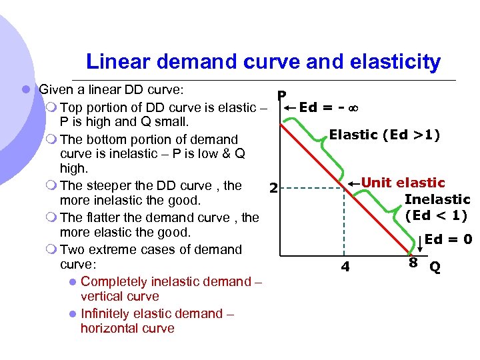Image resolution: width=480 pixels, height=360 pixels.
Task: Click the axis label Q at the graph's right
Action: (x=435, y=267)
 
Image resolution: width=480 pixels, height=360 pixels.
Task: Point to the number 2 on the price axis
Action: (x=273, y=188)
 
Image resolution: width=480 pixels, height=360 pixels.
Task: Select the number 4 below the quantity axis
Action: (x=345, y=267)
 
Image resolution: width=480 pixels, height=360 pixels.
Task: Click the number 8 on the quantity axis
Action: (x=413, y=263)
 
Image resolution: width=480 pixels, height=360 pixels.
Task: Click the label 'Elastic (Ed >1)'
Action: (x=385, y=134)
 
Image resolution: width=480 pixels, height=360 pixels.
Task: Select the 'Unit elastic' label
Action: (x=403, y=183)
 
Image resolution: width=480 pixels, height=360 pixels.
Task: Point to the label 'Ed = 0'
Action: (x=448, y=239)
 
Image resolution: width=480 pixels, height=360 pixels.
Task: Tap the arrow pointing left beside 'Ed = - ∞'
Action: (x=290, y=107)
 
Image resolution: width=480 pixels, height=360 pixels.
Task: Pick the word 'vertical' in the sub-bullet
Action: (x=101, y=296)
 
